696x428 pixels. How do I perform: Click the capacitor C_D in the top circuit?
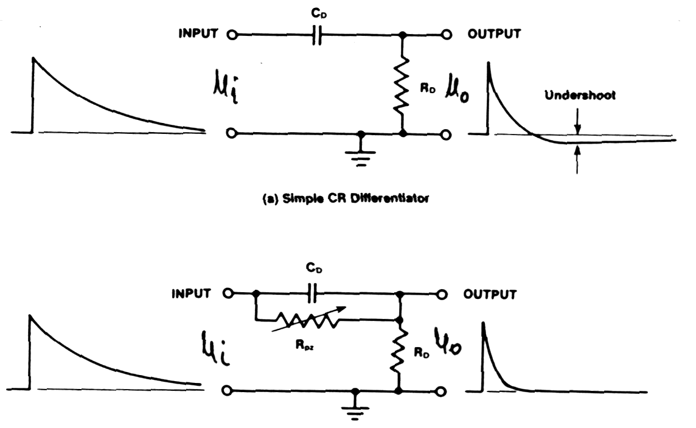316,35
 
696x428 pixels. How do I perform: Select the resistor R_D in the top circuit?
400,88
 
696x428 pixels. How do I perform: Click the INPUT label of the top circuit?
197,34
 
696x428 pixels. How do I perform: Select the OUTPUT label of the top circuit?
494,34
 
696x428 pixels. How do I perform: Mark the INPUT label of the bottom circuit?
190,294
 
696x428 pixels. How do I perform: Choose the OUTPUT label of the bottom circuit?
490,295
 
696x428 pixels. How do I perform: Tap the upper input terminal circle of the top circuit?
231,35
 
